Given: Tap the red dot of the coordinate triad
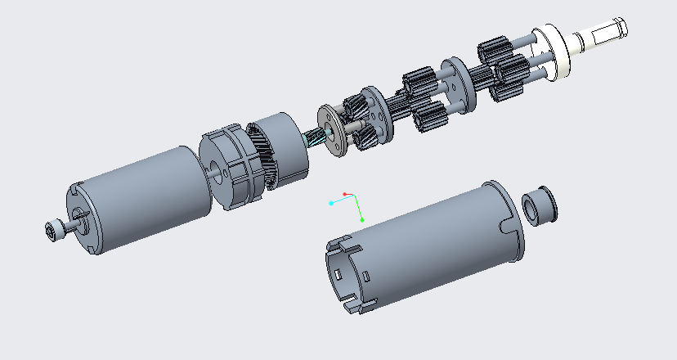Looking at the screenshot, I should tap(345, 194).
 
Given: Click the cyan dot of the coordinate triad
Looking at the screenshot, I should tap(330, 202).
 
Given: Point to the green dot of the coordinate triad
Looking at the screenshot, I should tap(362, 220).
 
